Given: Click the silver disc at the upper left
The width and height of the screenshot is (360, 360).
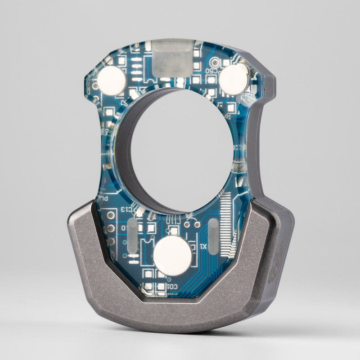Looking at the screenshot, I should click(x=112, y=81).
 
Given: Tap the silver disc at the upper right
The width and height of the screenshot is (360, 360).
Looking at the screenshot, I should click(x=233, y=79).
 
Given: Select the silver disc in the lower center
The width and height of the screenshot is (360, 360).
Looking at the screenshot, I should click(x=172, y=256).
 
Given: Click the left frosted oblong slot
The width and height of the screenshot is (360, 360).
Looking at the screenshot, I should click(x=133, y=236).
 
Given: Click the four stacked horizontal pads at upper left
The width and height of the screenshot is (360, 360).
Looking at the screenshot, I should click(x=136, y=70).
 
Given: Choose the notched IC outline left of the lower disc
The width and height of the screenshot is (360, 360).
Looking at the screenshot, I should click(x=147, y=252).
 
